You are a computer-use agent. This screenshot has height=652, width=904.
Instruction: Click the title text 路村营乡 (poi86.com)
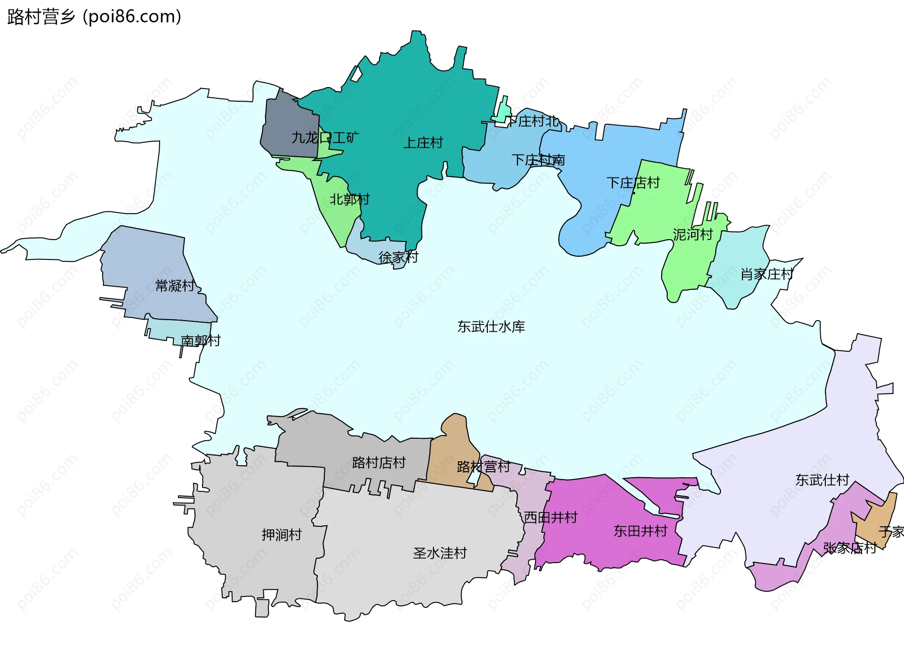pos(94,17)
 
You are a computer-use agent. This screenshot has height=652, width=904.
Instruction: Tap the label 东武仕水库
pos(491,327)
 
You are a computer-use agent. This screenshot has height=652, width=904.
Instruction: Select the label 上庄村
pos(423,143)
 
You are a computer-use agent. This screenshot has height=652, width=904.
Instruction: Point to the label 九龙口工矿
pos(325,138)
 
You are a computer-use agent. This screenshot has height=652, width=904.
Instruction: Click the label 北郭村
pos(349,200)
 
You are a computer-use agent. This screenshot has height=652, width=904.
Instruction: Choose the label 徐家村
pos(398,258)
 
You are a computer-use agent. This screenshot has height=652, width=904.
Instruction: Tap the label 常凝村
pos(175,286)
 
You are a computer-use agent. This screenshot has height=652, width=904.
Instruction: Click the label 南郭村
pos(201,340)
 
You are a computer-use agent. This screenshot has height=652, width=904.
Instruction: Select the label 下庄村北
pos(533,121)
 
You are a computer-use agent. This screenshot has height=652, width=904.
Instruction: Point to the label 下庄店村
pos(633,183)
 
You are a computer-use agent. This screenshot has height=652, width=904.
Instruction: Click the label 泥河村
pos(693,234)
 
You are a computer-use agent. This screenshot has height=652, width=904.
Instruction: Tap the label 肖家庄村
pos(767,274)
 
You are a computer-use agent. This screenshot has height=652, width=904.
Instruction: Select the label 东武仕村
pos(822,480)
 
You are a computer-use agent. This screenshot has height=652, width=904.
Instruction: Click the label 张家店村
pos(849,548)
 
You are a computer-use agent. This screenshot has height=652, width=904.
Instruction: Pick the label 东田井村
pos(640,531)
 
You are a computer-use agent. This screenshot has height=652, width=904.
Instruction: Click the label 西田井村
pos(550,518)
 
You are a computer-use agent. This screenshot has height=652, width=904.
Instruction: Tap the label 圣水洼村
pos(440,553)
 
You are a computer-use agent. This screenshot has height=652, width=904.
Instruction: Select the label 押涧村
pos(282,535)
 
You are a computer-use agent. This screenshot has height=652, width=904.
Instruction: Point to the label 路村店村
pos(379,463)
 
